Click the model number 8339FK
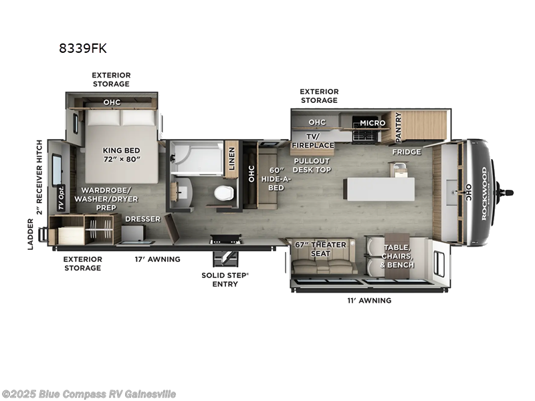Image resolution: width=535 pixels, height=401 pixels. tap(83, 48)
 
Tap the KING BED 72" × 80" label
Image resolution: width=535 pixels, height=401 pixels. tap(120, 155)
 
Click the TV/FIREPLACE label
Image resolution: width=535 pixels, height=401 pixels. tap(312, 141)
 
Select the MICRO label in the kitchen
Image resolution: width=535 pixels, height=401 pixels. tap(372, 123)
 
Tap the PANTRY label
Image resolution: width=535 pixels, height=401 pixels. tap(399, 126)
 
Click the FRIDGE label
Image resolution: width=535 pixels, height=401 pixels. tap(407, 152)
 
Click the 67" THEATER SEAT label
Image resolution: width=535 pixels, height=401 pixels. tap(320, 249)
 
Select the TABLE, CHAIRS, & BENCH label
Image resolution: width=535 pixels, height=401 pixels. tap(398, 255)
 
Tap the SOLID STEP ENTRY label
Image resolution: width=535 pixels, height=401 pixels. tap(227, 279)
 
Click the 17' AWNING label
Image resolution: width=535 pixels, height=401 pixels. tap(158, 259)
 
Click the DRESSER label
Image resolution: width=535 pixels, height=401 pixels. tap(142, 219)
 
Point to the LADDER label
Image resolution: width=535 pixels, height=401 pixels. tap(31, 236)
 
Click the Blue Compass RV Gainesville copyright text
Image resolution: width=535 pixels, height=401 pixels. tap(89, 394)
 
